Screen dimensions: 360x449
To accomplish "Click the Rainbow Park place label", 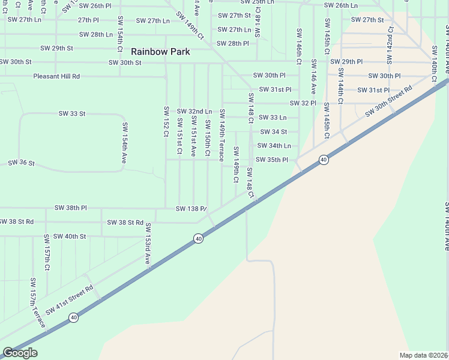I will point(161,52).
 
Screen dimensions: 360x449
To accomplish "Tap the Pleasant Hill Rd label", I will point(56,77).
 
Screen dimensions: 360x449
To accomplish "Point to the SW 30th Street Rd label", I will point(390,100).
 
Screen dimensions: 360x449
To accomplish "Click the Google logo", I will point(20,353).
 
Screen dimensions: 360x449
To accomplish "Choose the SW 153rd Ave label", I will point(146,245).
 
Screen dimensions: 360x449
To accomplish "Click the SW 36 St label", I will point(22,163).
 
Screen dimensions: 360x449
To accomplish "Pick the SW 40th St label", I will point(70,236).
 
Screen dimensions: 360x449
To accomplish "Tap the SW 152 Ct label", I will point(166,121).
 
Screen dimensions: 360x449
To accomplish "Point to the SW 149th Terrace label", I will point(222,135).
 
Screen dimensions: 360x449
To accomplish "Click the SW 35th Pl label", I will point(272,160).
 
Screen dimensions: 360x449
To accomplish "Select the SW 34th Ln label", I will point(274,146).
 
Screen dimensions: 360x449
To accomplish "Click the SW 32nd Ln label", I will point(194,112).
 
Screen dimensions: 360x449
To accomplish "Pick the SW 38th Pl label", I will point(71,208).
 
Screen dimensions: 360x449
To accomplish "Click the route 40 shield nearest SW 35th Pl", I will point(324,160).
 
